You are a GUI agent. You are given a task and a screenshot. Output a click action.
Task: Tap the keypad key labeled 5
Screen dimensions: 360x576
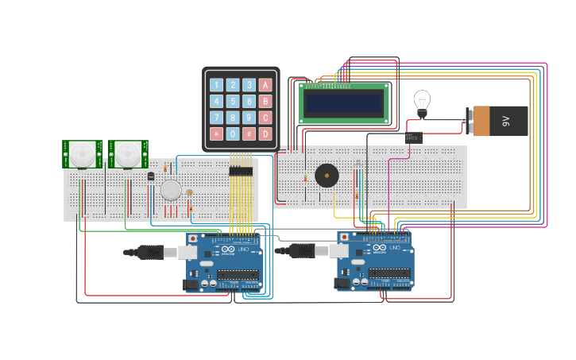coord(233,102)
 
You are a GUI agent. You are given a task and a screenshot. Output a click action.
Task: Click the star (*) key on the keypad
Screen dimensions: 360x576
coord(216,134)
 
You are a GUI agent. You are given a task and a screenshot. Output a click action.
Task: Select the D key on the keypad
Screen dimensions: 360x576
coord(265,134)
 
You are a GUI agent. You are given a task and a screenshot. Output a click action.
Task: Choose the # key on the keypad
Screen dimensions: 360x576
coord(249,134)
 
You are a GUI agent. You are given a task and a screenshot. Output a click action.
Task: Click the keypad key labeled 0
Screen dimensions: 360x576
coord(233,134)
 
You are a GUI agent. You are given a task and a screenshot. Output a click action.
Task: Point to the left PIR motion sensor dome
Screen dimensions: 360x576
coord(81,153)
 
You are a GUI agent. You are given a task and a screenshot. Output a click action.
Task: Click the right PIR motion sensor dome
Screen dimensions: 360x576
coord(127,153)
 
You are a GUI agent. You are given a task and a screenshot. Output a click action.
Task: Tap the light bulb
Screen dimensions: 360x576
coord(422,101)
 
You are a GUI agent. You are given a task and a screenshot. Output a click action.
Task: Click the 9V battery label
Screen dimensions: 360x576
coord(505,122)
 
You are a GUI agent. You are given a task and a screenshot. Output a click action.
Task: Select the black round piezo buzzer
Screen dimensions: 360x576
coord(326,176)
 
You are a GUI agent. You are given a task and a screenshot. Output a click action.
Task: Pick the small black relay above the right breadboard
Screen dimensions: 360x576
coord(413,137)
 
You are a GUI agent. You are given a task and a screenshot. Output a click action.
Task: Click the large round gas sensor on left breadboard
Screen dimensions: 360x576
coord(171,190)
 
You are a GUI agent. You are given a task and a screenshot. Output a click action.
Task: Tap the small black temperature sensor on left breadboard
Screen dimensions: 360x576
coord(151,176)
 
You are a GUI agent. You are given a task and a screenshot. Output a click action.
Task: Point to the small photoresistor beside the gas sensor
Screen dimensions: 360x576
coord(189,192)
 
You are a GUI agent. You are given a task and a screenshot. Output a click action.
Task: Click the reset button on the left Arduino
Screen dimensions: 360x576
coord(191,238)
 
